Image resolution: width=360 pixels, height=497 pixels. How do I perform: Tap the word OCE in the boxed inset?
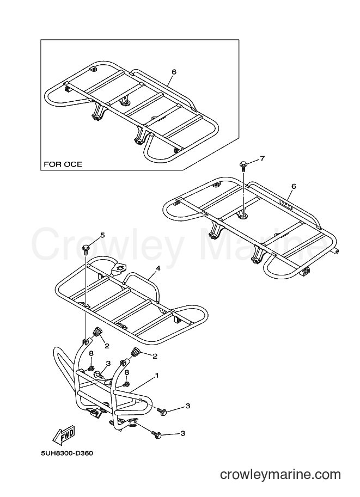click(x=74, y=164)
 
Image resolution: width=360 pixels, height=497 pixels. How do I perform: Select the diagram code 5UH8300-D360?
click(x=67, y=453)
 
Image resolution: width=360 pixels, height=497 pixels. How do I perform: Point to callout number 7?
click(x=262, y=158)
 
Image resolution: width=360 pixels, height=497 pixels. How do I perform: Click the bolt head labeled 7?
click(x=243, y=165)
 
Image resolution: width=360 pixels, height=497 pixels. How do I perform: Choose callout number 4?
click(x=158, y=268)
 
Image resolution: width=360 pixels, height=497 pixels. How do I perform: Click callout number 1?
click(x=156, y=375)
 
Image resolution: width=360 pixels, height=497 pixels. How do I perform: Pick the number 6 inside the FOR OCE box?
click(x=174, y=72)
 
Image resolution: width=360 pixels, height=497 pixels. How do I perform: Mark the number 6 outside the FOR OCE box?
click(x=294, y=186)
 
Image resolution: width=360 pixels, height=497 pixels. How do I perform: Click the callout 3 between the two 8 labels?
click(x=108, y=363)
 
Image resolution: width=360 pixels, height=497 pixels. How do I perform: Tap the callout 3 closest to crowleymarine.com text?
click(x=182, y=433)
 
